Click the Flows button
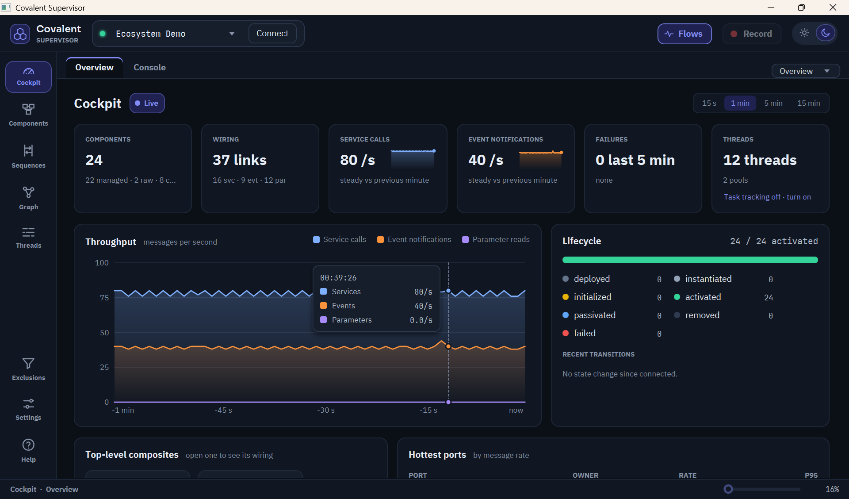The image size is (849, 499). click(685, 34)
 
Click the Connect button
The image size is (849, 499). click(272, 34)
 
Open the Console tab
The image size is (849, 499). click(149, 67)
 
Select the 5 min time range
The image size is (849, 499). click(773, 103)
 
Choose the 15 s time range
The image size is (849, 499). click(709, 103)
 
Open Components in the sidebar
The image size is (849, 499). click(28, 115)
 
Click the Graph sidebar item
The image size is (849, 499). click(28, 198)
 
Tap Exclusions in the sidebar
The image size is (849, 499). click(28, 369)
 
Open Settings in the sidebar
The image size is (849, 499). click(28, 410)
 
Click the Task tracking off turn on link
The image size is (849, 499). click(767, 197)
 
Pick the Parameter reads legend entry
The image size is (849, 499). click(496, 239)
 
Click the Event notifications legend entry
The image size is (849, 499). click(414, 239)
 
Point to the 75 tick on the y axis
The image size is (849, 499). click(104, 298)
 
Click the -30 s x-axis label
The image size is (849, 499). click(326, 410)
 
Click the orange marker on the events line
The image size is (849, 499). click(448, 346)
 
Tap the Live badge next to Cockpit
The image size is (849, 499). click(147, 103)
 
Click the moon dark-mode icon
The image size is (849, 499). click(825, 33)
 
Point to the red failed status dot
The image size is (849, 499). click(566, 333)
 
